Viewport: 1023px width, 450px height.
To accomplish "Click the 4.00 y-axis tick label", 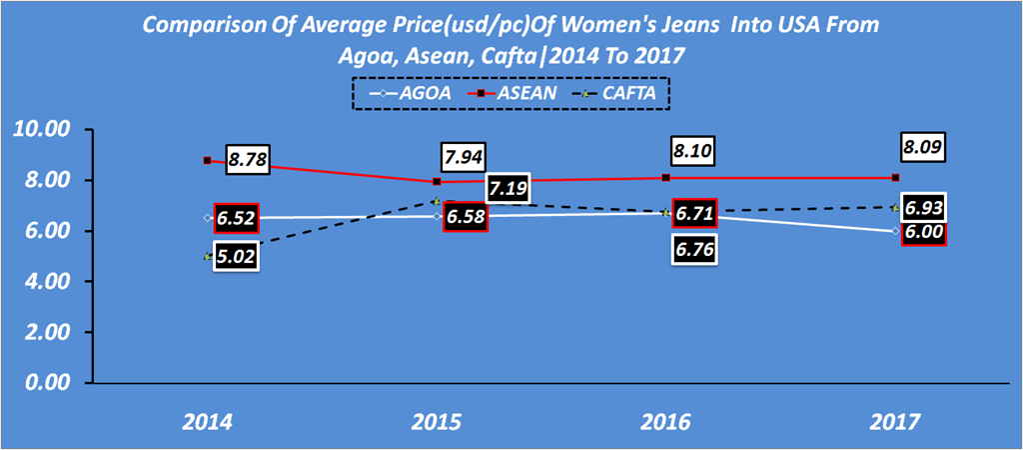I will pos(43,282).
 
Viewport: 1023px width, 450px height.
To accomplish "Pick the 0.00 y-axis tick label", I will pos(43,383).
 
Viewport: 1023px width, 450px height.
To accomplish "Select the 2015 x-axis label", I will pos(437,422).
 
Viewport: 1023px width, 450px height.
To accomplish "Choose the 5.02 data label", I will pos(241,257).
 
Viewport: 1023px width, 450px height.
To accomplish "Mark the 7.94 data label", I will pos(466,157).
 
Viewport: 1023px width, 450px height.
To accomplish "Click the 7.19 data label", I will pos(511,188).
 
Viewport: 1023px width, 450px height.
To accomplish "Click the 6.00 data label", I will pos(923,233).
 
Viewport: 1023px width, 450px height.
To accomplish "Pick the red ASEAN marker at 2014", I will pos(207,160).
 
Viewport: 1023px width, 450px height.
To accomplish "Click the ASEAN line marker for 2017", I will pos(896,178).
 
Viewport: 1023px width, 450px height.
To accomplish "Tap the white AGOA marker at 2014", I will pos(207,217).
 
